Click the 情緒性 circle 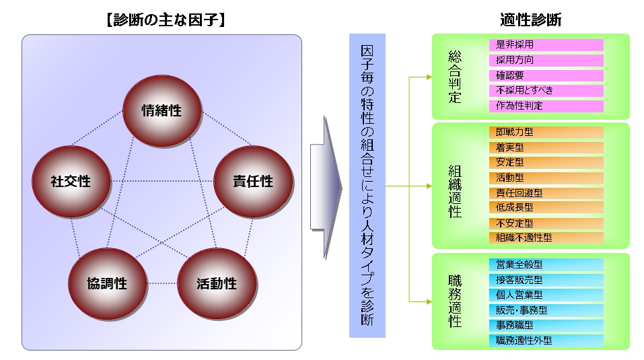pos(162,110)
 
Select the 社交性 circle pos(71,181)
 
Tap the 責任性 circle pos(253,181)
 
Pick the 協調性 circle pos(108,283)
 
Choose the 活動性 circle pos(217,283)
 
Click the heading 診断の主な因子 pos(166,20)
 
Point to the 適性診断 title pos(531,20)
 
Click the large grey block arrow pos(326,188)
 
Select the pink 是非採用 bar pos(546,44)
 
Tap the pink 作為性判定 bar pos(546,106)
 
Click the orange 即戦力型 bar pos(546,132)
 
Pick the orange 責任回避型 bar pos(546,193)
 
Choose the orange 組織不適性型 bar pos(546,238)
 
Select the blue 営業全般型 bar pos(546,264)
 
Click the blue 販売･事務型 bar pos(546,310)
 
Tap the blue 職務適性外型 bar pos(546,340)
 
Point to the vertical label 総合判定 pos(455,77)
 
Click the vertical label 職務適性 pos(455,301)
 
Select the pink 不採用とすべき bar pos(546,90)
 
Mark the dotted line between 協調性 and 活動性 pos(162,283)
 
